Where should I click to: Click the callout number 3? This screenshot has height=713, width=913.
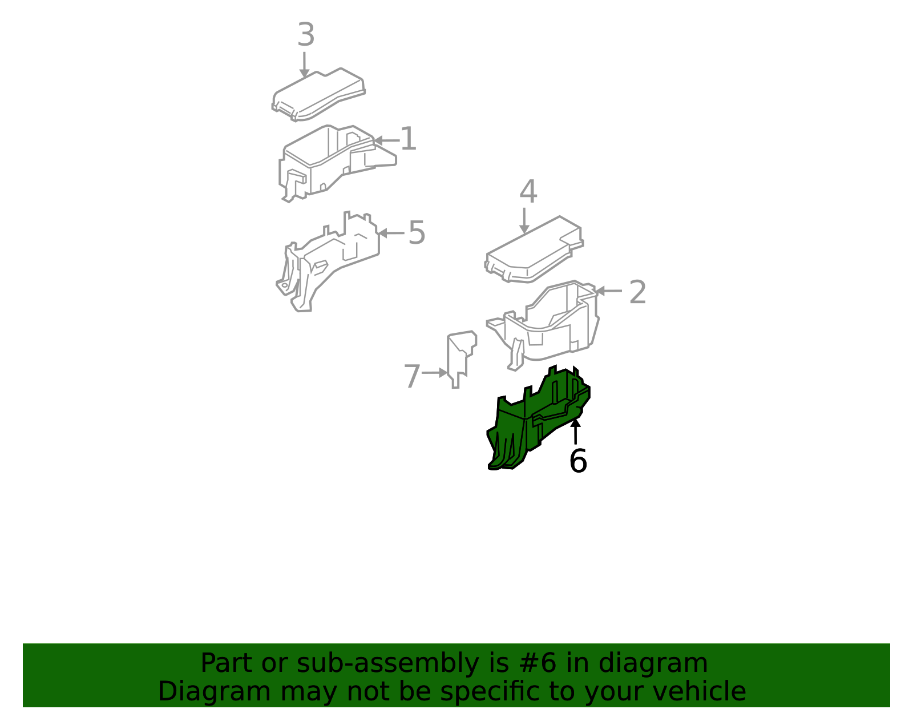(306, 34)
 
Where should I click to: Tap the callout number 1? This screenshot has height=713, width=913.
(409, 139)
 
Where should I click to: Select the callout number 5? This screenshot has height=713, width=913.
(417, 232)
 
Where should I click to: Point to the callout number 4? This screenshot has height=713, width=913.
(528, 192)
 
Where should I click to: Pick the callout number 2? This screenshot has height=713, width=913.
(637, 292)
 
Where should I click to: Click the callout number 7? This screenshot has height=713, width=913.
(412, 376)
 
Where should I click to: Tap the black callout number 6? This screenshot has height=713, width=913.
(577, 461)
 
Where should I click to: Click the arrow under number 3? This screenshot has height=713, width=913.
(304, 65)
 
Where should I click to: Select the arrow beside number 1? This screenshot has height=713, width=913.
(386, 140)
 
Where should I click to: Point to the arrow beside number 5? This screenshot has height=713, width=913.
(391, 233)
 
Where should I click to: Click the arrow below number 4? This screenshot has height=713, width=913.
(524, 220)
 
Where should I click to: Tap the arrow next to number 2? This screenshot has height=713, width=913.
(608, 291)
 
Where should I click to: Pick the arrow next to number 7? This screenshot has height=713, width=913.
(434, 373)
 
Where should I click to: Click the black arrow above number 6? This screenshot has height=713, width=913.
(575, 431)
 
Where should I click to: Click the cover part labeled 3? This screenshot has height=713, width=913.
(318, 95)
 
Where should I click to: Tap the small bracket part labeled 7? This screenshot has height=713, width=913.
(461, 360)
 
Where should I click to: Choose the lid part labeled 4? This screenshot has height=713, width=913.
(534, 249)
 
